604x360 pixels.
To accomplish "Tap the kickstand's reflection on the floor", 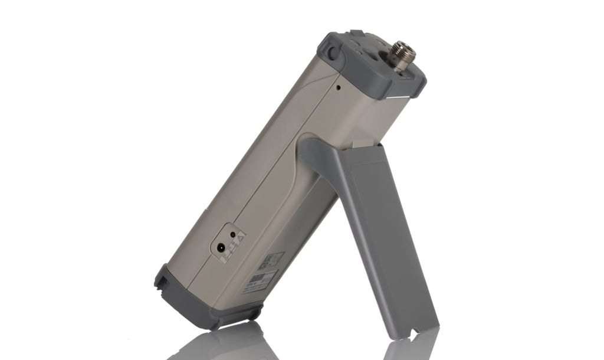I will click(x=413, y=348).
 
